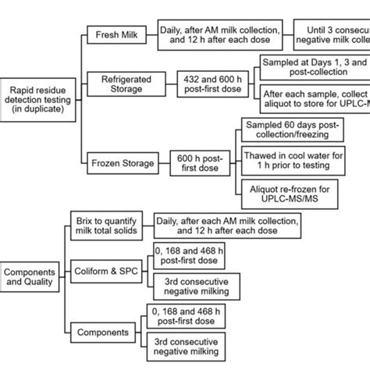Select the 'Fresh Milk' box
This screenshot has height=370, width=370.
(x=115, y=35)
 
